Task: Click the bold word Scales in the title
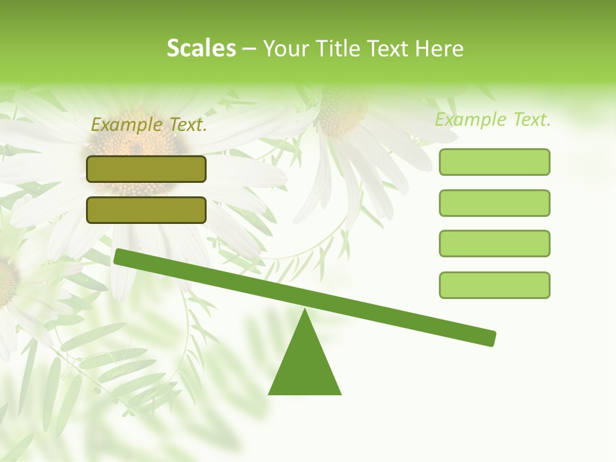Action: pyautogui.click(x=201, y=48)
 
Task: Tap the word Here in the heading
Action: pyautogui.click(x=440, y=49)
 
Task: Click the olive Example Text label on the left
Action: pyautogui.click(x=149, y=125)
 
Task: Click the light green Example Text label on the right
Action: pyautogui.click(x=493, y=119)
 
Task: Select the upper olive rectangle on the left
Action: pyautogui.click(x=146, y=169)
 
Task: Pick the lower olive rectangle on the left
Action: pyautogui.click(x=146, y=210)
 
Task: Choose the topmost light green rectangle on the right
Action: pyautogui.click(x=494, y=162)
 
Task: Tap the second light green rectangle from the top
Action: pyautogui.click(x=494, y=203)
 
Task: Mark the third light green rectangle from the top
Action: pyautogui.click(x=494, y=244)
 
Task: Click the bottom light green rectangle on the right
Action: pyautogui.click(x=494, y=285)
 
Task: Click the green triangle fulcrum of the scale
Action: pyautogui.click(x=305, y=366)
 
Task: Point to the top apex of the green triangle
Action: pyautogui.click(x=305, y=312)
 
